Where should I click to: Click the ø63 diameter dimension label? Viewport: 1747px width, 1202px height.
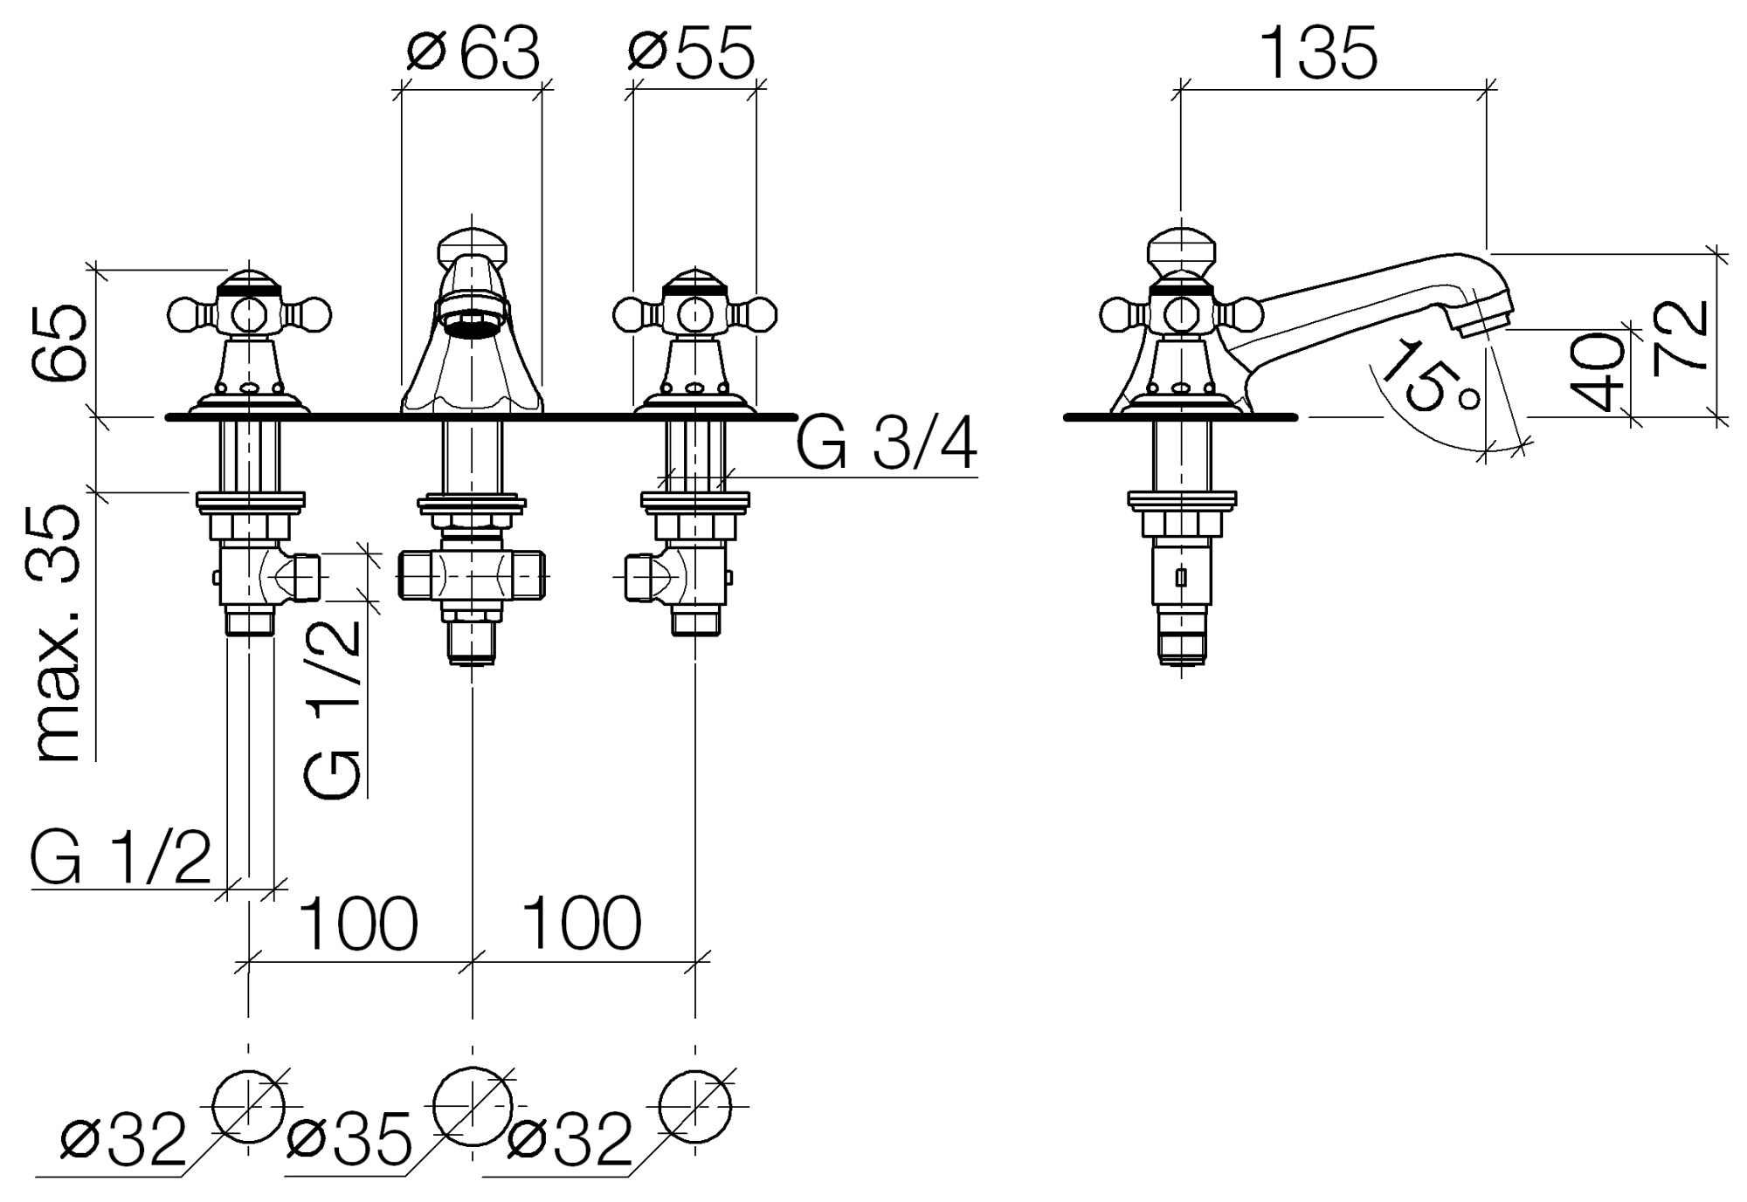tap(473, 54)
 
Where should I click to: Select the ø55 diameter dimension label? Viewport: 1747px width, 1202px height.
tap(691, 54)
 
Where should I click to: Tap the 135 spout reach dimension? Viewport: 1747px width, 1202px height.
tap(1320, 54)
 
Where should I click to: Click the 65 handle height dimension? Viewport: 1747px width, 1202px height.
tap(59, 343)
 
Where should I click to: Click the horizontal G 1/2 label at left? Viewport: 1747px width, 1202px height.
tap(121, 859)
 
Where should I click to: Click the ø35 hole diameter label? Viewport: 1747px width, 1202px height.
tap(349, 1140)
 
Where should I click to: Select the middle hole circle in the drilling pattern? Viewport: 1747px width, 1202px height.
tap(473, 1106)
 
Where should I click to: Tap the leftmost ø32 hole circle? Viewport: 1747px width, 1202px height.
tap(249, 1106)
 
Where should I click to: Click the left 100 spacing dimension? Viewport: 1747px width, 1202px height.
tap(359, 924)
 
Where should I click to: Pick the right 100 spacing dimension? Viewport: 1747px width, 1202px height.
tap(582, 924)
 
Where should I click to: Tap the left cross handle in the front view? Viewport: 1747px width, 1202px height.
tap(249, 313)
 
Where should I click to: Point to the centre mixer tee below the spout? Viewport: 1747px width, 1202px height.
tap(472, 575)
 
